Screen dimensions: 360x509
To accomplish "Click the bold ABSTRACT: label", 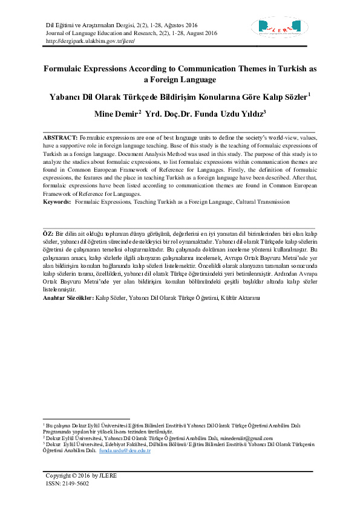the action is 60,138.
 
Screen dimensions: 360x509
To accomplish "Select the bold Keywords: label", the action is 57,201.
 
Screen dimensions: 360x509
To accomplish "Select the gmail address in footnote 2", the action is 248,438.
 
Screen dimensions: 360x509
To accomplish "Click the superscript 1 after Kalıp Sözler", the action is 309,93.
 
